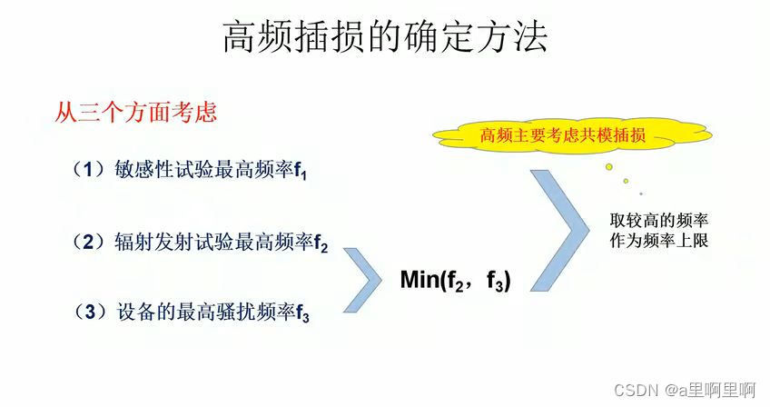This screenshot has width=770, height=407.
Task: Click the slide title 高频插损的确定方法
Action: [385, 38]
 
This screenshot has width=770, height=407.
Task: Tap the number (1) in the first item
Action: [90, 169]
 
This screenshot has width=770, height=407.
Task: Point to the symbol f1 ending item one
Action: [301, 172]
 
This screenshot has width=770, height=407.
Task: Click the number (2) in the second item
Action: [90, 242]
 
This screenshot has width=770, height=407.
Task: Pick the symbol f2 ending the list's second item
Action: [321, 244]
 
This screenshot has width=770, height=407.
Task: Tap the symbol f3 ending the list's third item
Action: [302, 314]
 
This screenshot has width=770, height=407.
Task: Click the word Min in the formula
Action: [420, 280]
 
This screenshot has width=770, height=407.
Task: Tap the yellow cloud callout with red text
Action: [563, 136]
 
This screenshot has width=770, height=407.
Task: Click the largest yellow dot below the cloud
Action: [609, 167]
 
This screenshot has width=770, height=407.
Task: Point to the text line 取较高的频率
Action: [659, 221]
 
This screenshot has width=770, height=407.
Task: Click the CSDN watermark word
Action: [636, 390]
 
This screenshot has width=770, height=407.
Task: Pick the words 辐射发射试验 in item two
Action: [169, 242]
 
